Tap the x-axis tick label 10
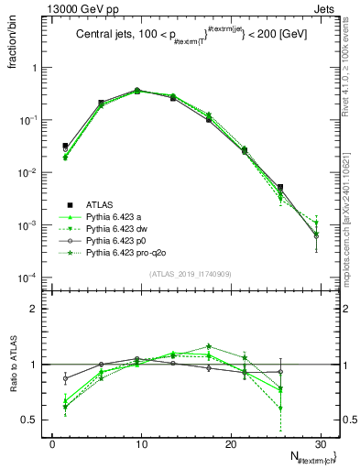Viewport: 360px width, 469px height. [x=138, y=442]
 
